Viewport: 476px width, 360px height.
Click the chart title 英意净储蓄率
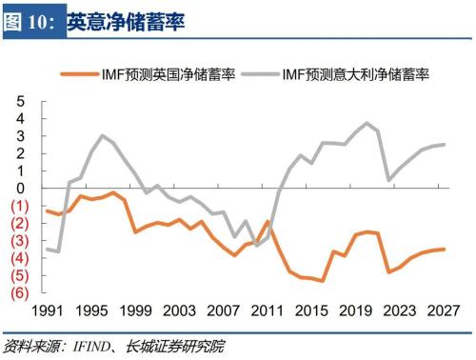click(x=126, y=20)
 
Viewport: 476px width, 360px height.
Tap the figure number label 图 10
click(x=31, y=20)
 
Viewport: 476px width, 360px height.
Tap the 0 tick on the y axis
click(x=19, y=188)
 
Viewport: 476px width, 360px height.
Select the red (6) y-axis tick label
click(x=19, y=292)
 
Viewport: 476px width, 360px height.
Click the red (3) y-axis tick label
click(x=19, y=240)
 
